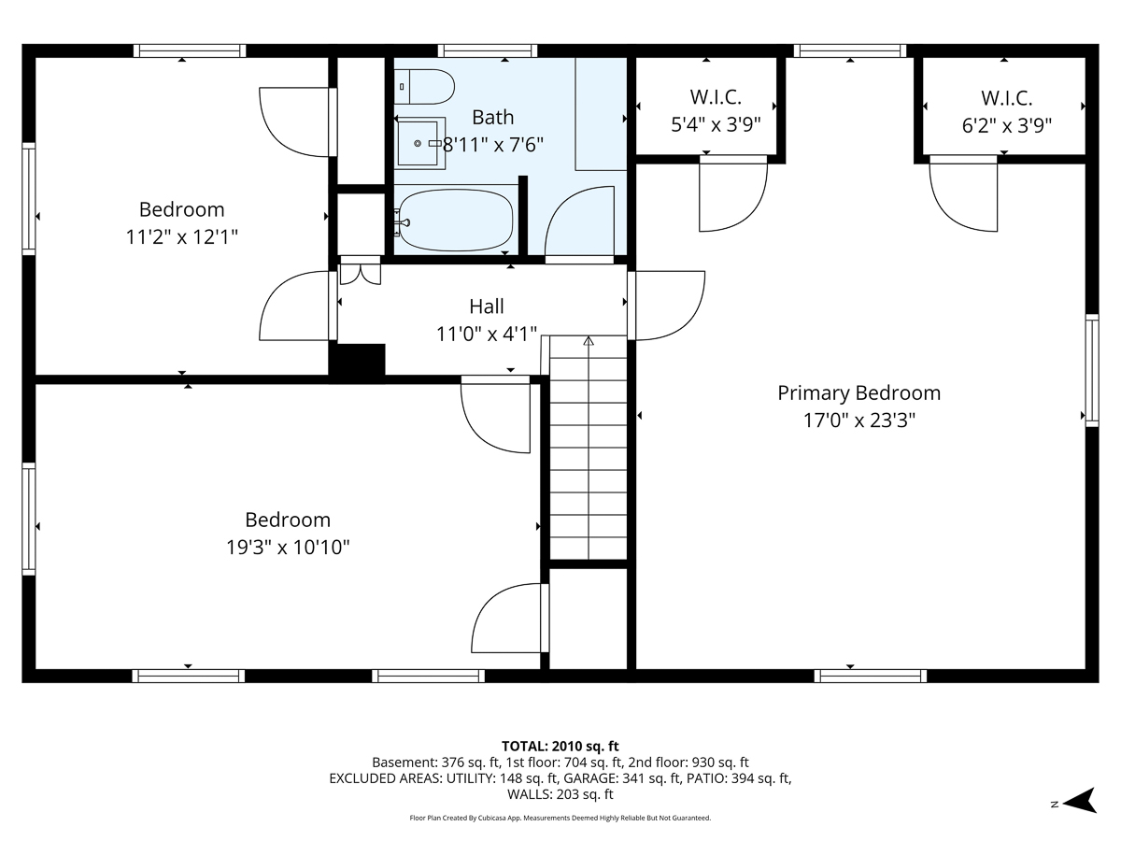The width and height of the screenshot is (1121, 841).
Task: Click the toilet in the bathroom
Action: [x=424, y=87]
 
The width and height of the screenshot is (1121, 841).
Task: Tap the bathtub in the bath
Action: [x=455, y=221]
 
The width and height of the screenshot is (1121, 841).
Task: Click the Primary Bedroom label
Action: [x=858, y=393]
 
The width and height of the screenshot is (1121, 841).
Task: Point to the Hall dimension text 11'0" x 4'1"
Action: [x=486, y=335]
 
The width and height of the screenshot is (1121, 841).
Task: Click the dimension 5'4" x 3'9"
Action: [x=716, y=124]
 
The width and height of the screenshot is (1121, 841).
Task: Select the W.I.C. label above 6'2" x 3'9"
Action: [x=1006, y=98]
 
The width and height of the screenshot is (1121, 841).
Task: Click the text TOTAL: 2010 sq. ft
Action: [x=560, y=747]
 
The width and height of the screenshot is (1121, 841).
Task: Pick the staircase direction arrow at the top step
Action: [x=589, y=340]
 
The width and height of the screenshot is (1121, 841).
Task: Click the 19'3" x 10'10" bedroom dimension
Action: [x=288, y=548]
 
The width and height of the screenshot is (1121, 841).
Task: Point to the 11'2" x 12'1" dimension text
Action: [x=182, y=237]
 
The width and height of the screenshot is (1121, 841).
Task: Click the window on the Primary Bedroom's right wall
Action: [x=1092, y=371]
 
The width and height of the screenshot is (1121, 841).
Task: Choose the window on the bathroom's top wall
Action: [x=488, y=50]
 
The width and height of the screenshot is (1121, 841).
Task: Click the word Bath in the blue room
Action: [x=492, y=118]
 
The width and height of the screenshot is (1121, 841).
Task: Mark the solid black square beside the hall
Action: [x=357, y=361]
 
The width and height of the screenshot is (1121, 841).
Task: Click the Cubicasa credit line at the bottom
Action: [x=560, y=818]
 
